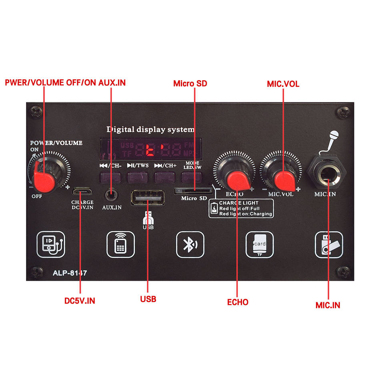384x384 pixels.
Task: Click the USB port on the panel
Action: tap(148, 198)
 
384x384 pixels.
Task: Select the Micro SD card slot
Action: tap(194, 190)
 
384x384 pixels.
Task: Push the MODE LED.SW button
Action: tap(192, 177)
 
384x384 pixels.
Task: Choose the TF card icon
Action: tap(259, 245)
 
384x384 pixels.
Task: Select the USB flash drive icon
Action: tap(328, 245)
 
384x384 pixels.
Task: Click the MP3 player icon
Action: tap(51, 244)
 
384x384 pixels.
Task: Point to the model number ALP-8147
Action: tap(70, 274)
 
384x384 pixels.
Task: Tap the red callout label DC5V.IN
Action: tap(80, 300)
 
